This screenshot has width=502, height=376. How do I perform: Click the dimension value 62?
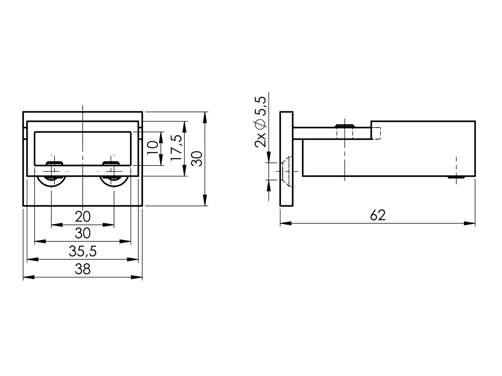(x=378, y=215)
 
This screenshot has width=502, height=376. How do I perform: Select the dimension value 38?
(x=82, y=269)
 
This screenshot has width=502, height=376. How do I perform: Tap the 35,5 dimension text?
(x=82, y=252)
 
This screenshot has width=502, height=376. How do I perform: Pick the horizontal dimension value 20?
(x=82, y=217)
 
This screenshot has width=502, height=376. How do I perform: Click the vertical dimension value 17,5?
(x=176, y=148)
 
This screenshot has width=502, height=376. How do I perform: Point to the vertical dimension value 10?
(x=153, y=148)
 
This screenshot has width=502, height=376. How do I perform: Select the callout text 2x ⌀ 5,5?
(x=260, y=122)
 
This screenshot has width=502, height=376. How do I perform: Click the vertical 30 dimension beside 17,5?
(x=197, y=159)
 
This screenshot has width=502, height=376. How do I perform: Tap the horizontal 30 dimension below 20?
(x=82, y=233)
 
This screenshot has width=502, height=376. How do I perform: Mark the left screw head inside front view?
(x=54, y=163)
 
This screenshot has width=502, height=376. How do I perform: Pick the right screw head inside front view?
(x=111, y=163)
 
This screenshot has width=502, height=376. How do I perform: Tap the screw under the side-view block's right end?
(x=456, y=177)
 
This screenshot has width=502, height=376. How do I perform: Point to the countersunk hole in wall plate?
(x=286, y=171)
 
